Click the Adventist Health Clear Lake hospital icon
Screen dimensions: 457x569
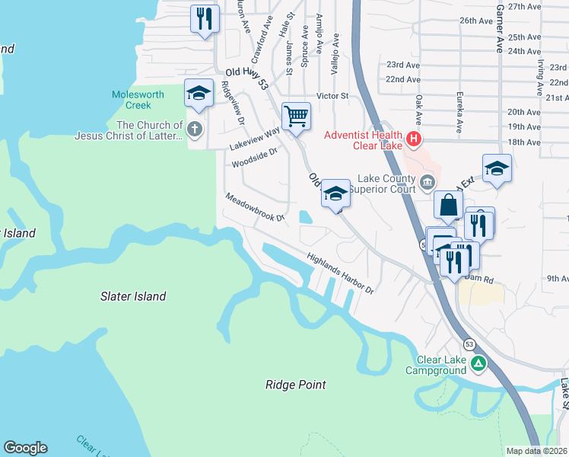[414, 139]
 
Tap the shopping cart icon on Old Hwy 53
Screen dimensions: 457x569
[296, 117]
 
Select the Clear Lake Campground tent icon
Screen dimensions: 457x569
[478, 364]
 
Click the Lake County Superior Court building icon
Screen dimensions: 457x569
[427, 181]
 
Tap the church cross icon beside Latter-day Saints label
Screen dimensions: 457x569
[195, 129]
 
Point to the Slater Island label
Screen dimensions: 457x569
[133, 296]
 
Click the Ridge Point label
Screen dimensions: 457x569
[296, 385]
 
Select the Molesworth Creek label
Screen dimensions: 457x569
[137, 100]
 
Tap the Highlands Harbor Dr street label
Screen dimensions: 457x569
[342, 273]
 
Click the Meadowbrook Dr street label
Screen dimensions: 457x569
[254, 208]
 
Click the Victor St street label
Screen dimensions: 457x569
[332, 96]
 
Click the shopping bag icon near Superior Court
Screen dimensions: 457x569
[449, 204]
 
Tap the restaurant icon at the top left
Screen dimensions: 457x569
[205, 18]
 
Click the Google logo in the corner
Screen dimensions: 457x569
[25, 448]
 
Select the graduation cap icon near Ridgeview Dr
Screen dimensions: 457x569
[199, 94]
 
